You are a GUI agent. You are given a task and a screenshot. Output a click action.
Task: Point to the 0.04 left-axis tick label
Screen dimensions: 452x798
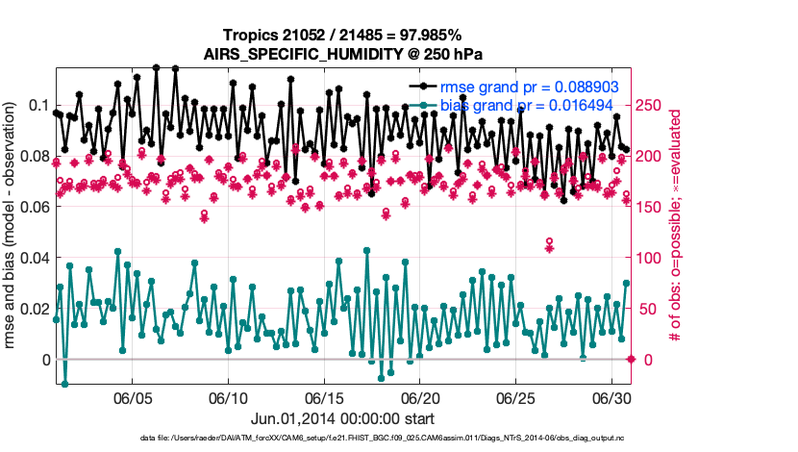click(33, 258)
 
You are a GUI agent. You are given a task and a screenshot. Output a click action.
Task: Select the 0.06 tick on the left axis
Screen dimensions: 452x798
click(33, 207)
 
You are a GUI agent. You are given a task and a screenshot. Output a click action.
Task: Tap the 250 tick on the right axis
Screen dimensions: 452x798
click(649, 105)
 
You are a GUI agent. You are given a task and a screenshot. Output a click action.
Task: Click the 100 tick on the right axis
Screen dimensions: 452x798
click(649, 258)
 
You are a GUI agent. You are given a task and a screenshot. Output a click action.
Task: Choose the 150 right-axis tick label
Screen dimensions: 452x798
click(649, 207)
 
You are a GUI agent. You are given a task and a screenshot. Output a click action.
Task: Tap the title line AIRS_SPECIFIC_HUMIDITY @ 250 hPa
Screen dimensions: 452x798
click(343, 54)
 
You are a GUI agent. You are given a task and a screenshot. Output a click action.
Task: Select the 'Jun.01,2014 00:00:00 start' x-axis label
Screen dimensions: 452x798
click(343, 419)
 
